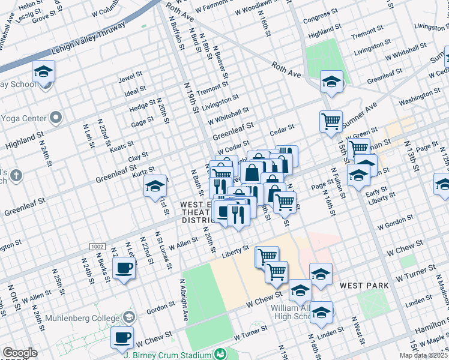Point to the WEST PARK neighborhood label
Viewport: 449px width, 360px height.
(x=358, y=286)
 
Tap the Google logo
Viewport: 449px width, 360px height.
(x=20, y=353)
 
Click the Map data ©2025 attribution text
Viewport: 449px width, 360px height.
(x=423, y=355)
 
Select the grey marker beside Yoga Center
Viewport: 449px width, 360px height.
(x=56, y=117)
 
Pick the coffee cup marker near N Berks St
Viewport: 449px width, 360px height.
(x=124, y=268)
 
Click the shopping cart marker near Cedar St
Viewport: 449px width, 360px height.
(x=331, y=121)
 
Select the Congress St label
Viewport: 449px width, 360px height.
(x=316, y=19)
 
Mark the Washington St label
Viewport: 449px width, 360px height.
(x=415, y=99)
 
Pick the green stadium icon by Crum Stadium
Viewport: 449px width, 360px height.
(x=220, y=355)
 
